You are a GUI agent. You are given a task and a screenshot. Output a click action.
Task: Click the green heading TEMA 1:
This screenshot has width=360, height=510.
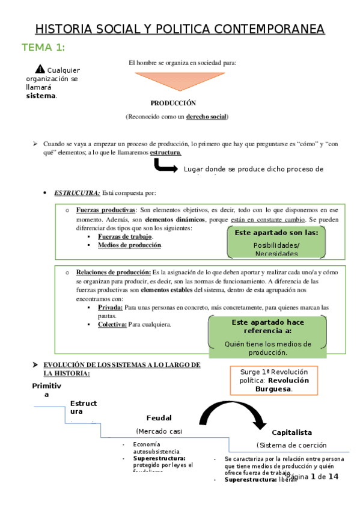click(43, 48)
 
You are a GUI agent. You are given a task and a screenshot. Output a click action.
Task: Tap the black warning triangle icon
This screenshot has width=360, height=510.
click(40, 69)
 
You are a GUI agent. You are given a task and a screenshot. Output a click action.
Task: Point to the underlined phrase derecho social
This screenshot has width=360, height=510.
click(206, 116)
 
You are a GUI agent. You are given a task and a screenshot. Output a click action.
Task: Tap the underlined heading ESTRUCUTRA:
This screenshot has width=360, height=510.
click(77, 193)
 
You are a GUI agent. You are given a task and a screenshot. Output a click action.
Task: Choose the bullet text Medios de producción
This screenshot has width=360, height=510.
click(130, 245)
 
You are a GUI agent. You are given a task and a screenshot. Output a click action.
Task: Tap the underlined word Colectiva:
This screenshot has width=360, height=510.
click(112, 325)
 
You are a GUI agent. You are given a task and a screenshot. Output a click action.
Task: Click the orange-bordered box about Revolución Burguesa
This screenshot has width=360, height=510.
click(274, 380)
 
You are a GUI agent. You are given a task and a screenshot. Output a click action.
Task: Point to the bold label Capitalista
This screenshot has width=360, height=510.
click(291, 432)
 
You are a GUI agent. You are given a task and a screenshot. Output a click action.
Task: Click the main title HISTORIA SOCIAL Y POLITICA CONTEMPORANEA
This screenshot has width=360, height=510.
click(180, 29)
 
